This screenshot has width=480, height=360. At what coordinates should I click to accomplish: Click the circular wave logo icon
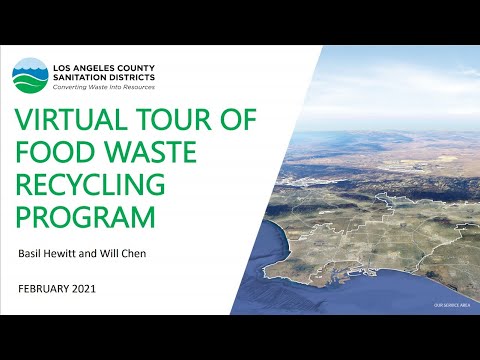pyautogui.click(x=29, y=73)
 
